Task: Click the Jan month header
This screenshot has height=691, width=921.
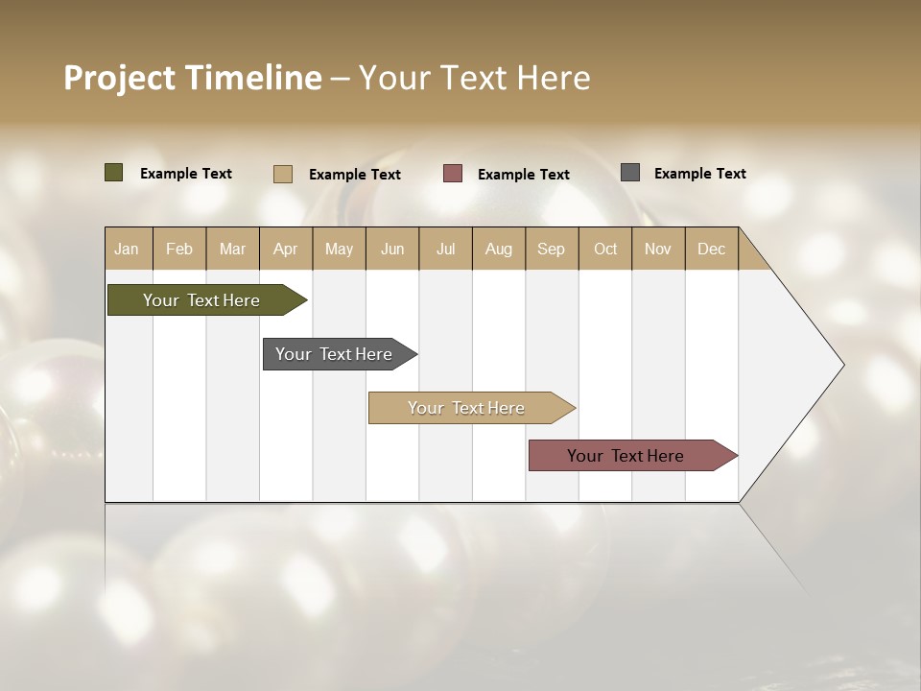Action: click(x=128, y=249)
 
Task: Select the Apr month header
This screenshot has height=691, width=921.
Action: click(x=286, y=249)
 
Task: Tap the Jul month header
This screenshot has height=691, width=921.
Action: click(x=446, y=249)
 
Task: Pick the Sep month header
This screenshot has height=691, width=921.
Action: click(x=552, y=249)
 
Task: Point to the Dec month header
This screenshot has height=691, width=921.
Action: click(x=712, y=249)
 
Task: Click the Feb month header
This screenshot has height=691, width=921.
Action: click(x=179, y=249)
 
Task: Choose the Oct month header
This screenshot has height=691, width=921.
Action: click(x=605, y=249)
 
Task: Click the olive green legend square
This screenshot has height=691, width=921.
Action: click(x=114, y=173)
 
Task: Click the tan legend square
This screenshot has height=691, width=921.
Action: click(x=283, y=174)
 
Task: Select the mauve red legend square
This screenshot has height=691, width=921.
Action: click(x=453, y=174)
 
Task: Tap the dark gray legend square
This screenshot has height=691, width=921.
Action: click(x=630, y=173)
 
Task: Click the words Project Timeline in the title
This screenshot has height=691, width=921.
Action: click(x=193, y=78)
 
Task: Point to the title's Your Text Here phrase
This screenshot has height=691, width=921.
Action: click(x=475, y=78)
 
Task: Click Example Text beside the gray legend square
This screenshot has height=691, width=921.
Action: click(x=700, y=174)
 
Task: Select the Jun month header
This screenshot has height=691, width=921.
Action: click(x=392, y=249)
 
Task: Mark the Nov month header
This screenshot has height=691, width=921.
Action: click(x=658, y=249)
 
